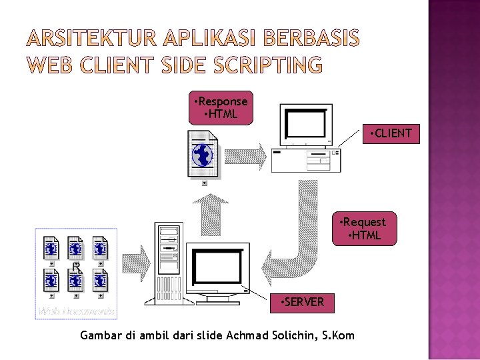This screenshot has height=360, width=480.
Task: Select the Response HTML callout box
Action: click(x=219, y=108)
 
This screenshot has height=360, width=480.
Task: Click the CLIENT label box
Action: click(x=391, y=133)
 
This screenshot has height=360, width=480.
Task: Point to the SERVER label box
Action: click(x=303, y=302)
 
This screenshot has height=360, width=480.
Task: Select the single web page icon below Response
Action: click(x=203, y=154)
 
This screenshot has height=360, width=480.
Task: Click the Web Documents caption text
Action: click(x=76, y=311)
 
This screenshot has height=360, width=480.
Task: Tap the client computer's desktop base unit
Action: click(x=306, y=158)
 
